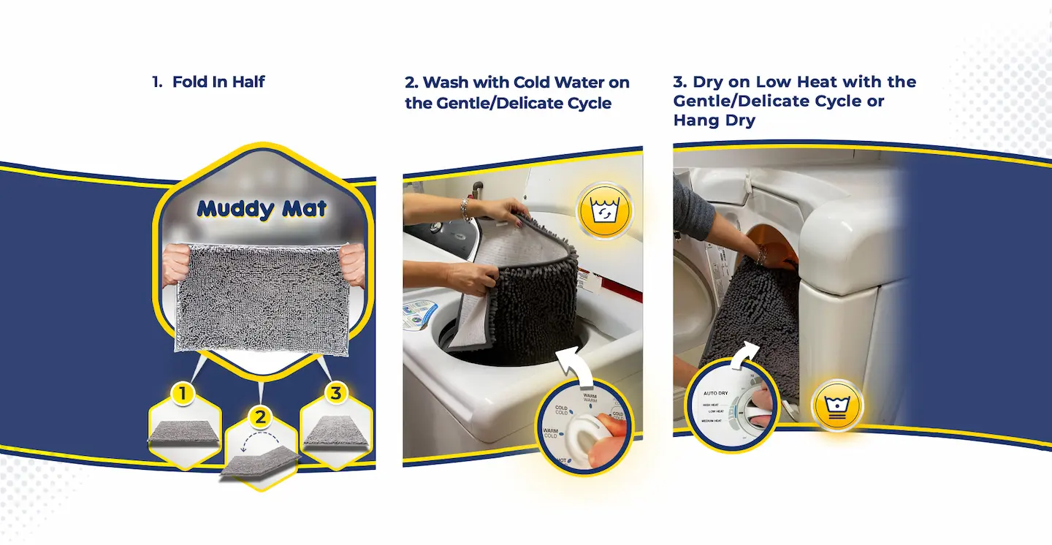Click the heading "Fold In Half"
point(218,82)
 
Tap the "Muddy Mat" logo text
point(262,209)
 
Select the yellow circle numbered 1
point(183,395)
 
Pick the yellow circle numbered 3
point(335,393)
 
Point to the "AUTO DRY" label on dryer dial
point(716,393)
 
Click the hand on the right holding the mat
point(354,264)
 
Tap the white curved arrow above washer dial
point(574,362)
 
